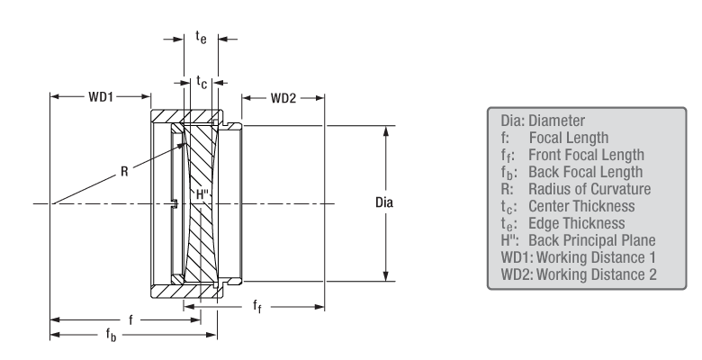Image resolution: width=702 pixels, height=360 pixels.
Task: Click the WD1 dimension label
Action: coord(101,94)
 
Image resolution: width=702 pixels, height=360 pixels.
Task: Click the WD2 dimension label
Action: coord(283,94)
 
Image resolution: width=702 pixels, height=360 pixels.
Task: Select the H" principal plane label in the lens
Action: coord(202,193)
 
